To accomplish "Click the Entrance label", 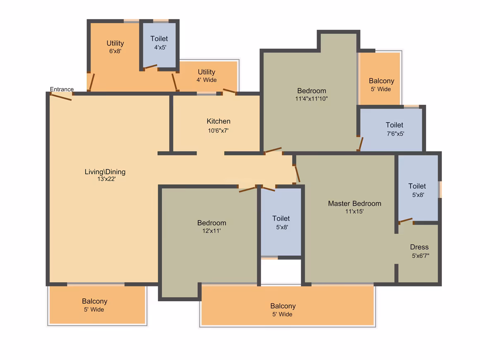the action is tap(62, 89).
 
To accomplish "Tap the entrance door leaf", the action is tap(61, 97).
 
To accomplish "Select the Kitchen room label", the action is tap(218, 121).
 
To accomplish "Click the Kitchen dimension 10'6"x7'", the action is tap(218, 131).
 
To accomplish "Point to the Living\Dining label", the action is tap(105, 172).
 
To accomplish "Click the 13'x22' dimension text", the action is tap(106, 179).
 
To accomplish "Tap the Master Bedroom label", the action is tap(355, 204).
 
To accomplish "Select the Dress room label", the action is tap(420, 247).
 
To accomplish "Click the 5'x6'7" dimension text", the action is tap(420, 256).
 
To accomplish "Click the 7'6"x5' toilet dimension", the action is tap(396, 134).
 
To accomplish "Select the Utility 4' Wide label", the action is tap(206, 76).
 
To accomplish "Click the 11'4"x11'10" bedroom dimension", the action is tap(311, 99).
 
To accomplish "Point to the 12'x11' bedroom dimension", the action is tap(211, 231).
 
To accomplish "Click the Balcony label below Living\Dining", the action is tap(95, 301).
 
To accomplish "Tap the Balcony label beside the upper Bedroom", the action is tap(382, 81).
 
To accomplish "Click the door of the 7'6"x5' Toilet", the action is tap(361, 144).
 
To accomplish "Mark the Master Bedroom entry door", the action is tap(297, 174).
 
